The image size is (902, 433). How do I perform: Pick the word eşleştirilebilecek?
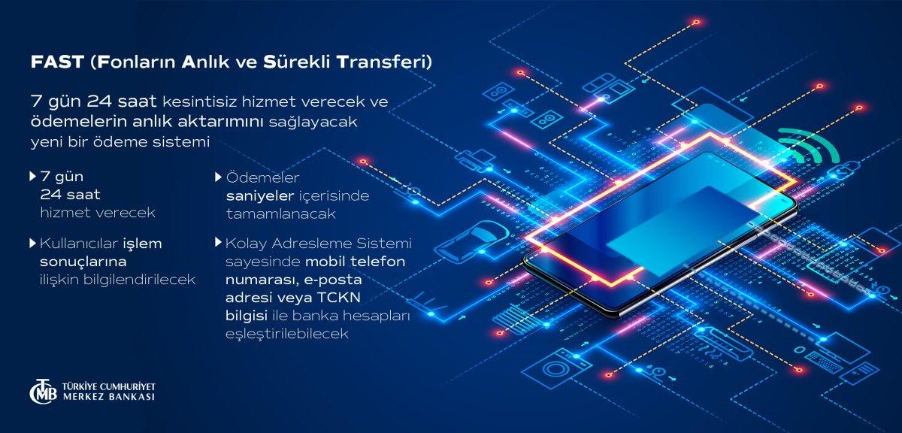pyautogui.click(x=287, y=334)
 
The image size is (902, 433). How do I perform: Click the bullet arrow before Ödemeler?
pyautogui.click(x=219, y=177)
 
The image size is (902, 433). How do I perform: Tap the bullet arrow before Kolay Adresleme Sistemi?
pyautogui.click(x=219, y=243)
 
